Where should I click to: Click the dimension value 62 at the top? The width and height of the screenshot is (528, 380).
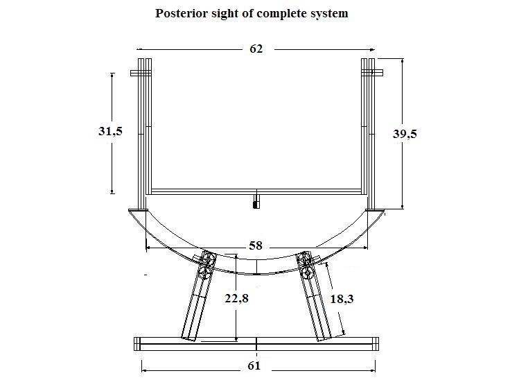click(x=256, y=49)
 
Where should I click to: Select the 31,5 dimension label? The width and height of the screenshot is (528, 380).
click(x=110, y=131)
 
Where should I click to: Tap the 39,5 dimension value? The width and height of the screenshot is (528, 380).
click(x=405, y=134)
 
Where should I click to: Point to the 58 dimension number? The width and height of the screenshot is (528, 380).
click(x=256, y=245)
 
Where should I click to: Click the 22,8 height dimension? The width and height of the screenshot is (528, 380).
click(x=237, y=298)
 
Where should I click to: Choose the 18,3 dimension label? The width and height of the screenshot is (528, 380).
click(x=342, y=299)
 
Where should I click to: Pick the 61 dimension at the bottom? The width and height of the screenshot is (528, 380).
click(x=254, y=366)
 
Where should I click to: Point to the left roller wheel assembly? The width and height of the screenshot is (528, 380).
click(x=206, y=266)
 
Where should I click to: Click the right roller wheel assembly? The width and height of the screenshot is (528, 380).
click(x=307, y=265)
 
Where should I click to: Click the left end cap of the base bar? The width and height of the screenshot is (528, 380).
click(x=137, y=344)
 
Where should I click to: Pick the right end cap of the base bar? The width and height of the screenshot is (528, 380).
click(x=376, y=344)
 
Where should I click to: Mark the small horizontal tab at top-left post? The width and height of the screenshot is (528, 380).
click(x=141, y=73)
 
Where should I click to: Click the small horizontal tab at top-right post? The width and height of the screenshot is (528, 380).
click(x=372, y=72)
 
